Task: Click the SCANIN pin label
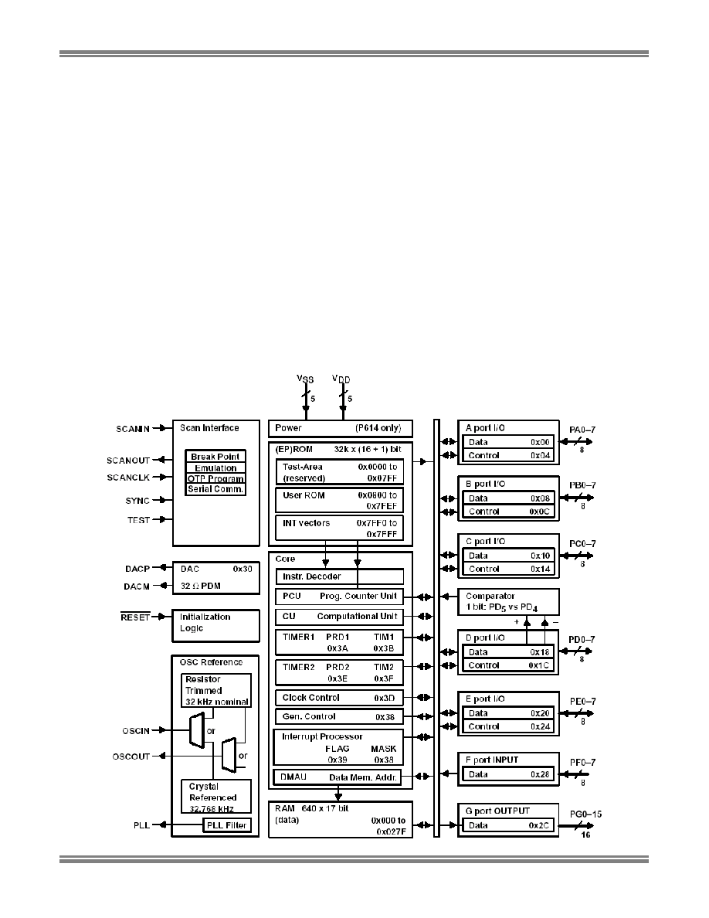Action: [x=133, y=429]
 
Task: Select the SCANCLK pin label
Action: [x=128, y=478]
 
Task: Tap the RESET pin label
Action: [x=135, y=617]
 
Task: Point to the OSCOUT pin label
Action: [x=131, y=756]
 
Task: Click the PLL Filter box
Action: [x=227, y=825]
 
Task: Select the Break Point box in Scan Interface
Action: [x=215, y=456]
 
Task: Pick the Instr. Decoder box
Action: [x=339, y=576]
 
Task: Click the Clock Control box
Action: [x=339, y=698]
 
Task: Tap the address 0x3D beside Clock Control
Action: [x=385, y=698]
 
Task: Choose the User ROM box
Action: [x=339, y=501]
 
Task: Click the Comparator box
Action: [x=508, y=602]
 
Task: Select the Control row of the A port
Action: [x=508, y=455]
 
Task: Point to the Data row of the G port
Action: [x=508, y=825]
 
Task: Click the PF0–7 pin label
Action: [x=582, y=762]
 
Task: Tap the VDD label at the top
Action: [x=341, y=379]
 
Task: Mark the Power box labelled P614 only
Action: [x=341, y=429]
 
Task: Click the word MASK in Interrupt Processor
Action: [x=383, y=749]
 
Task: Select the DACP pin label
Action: [x=137, y=569]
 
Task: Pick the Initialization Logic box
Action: [x=215, y=626]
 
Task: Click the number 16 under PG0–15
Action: [x=585, y=835]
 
